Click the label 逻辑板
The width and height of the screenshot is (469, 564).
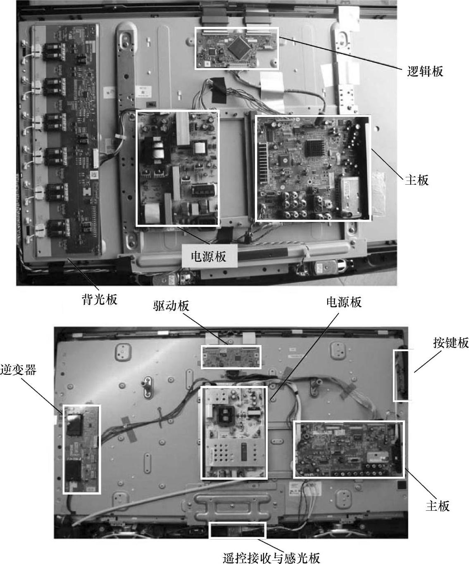click(425, 71)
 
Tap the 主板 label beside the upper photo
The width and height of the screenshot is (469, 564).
click(417, 180)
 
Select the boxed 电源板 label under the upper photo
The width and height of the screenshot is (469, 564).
click(209, 256)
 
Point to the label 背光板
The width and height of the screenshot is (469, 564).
click(100, 299)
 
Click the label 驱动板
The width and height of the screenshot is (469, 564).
click(171, 306)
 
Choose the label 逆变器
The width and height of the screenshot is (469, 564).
click(18, 370)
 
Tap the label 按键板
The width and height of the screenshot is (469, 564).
click(451, 343)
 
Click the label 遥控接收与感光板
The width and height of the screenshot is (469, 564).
click(271, 557)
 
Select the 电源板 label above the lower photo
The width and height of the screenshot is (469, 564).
click(344, 302)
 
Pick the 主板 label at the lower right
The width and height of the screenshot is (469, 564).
click(438, 506)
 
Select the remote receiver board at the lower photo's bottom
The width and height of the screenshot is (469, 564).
click(238, 531)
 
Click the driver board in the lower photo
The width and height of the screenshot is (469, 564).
click(231, 357)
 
